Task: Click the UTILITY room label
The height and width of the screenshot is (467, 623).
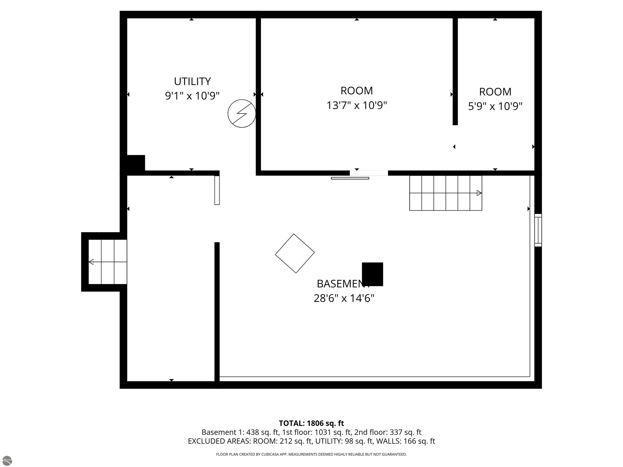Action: point(192,81)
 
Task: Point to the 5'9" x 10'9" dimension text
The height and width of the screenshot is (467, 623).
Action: point(495,106)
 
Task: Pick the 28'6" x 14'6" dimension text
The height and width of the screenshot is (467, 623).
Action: point(344,298)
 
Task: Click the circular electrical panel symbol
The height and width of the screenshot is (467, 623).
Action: point(242,114)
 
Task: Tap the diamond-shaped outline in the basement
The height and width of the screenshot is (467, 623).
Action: point(295,253)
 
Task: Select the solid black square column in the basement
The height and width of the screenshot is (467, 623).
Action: point(372,274)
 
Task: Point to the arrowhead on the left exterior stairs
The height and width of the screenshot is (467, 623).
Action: point(91,262)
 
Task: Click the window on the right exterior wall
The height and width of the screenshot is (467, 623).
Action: point(538,230)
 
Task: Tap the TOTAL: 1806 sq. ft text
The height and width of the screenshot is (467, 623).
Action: point(311,423)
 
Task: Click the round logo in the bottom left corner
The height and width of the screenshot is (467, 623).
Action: point(7,460)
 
